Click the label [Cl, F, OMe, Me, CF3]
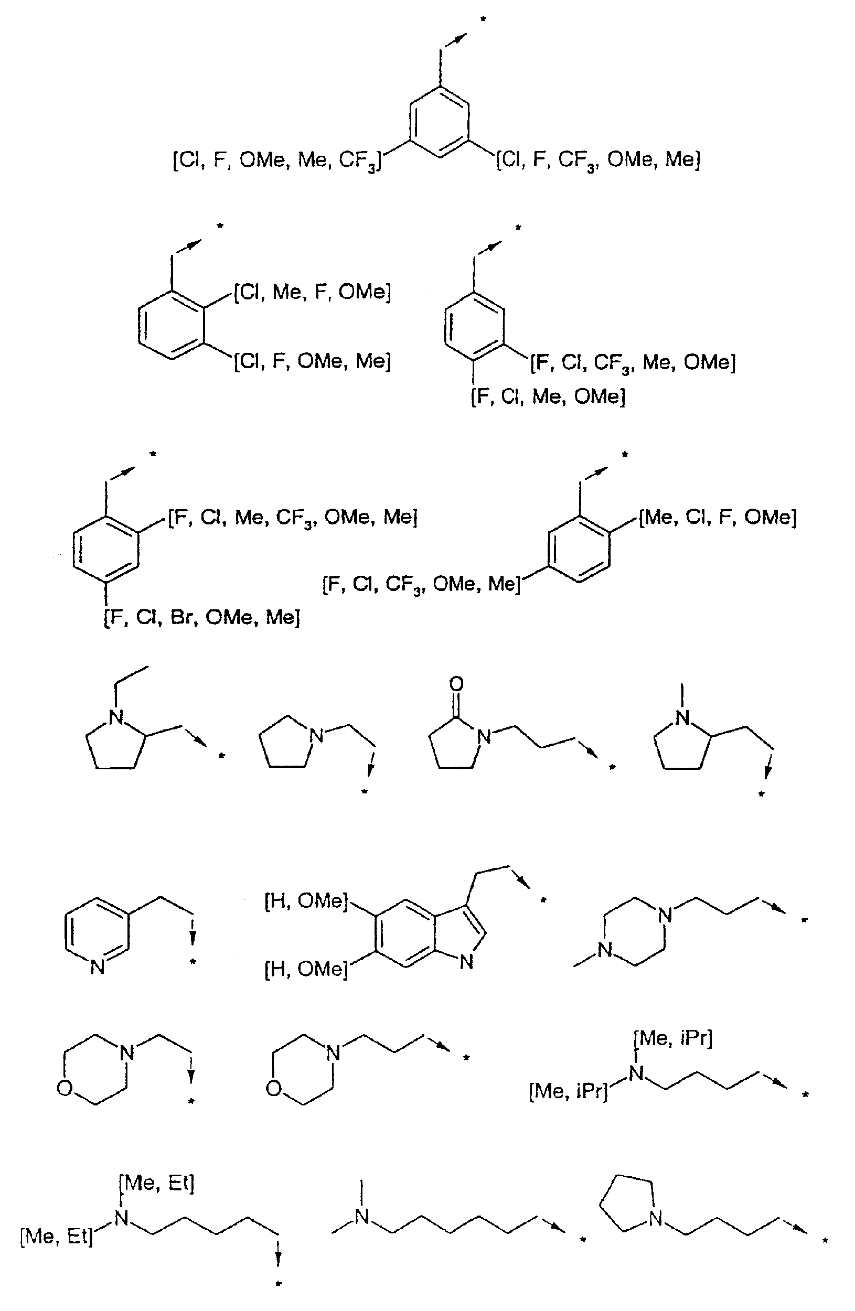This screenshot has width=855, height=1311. tap(276, 161)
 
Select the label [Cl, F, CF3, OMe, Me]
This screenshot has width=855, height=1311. tap(598, 160)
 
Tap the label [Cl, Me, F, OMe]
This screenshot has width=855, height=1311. tap(312, 292)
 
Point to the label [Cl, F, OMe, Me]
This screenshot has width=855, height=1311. tap(312, 361)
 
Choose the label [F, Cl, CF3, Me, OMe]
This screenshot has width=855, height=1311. tap(633, 363)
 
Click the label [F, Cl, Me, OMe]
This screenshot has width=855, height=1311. tap(548, 396)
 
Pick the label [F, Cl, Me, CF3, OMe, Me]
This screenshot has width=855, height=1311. tap(293, 518)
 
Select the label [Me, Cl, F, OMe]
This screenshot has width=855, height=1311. tap(717, 517)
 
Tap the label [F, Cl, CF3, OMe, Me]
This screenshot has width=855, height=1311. tap(421, 584)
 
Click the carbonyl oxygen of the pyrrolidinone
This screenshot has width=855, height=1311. tap(456, 684)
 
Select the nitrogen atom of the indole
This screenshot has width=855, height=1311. tap(466, 962)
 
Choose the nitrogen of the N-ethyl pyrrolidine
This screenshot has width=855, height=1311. tap(115, 717)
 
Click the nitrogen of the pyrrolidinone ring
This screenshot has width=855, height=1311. tap(484, 736)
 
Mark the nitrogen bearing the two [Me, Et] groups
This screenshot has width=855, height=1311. tap(122, 1219)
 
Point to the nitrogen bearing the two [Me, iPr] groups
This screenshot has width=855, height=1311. tap(637, 1072)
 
